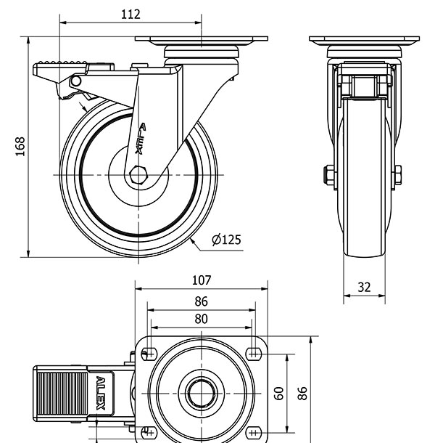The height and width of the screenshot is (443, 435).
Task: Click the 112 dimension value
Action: click(130, 15)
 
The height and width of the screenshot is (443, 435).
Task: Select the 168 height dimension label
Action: click(20, 146)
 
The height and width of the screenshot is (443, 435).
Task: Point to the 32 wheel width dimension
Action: click(364, 288)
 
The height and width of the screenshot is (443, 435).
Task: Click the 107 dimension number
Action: click(201, 280)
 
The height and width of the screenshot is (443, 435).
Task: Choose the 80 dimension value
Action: click(201, 319)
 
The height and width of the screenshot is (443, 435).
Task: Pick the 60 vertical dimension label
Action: click(278, 393)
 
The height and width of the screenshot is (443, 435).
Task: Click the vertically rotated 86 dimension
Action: click(303, 393)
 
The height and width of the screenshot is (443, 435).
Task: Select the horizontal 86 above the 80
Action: click(201, 301)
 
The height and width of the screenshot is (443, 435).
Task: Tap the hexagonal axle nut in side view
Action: click(139, 175)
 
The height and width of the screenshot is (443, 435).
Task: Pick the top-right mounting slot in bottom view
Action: click(253, 354)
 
